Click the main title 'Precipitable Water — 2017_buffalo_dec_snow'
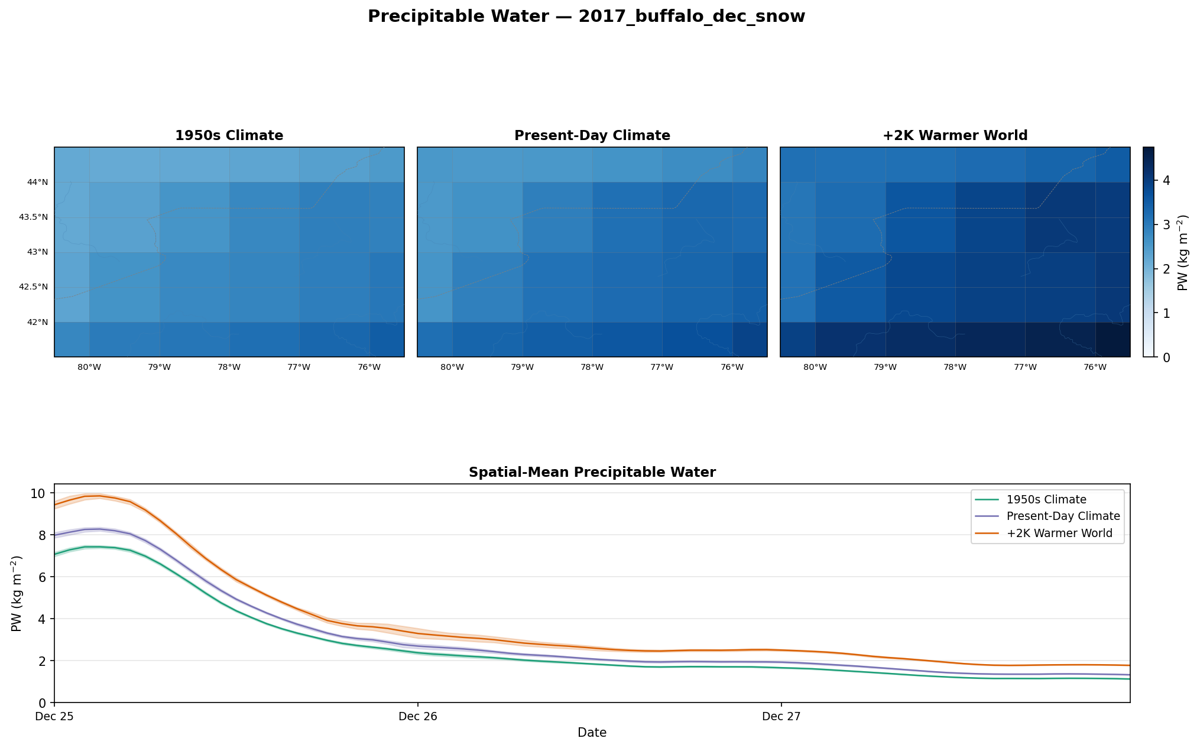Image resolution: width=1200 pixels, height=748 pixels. coord(586,17)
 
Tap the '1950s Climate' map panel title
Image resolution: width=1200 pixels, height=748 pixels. coord(229,136)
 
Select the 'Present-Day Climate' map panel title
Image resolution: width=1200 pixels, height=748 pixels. coord(592,136)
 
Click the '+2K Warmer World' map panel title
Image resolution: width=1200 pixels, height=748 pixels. coord(955,136)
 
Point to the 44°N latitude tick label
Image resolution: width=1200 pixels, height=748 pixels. coord(37,183)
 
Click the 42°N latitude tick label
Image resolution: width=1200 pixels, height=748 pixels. coord(37,323)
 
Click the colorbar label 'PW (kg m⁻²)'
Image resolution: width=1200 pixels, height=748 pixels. coord(1182,252)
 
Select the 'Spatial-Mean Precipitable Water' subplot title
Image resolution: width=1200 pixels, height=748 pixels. coord(592,473)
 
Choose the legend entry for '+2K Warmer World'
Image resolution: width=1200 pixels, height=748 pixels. coord(1059,534)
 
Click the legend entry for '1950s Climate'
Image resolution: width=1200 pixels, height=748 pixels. coord(1046,500)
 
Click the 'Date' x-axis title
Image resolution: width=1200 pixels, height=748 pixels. coord(592,733)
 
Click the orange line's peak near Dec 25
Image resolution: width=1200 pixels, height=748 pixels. coord(99,496)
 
